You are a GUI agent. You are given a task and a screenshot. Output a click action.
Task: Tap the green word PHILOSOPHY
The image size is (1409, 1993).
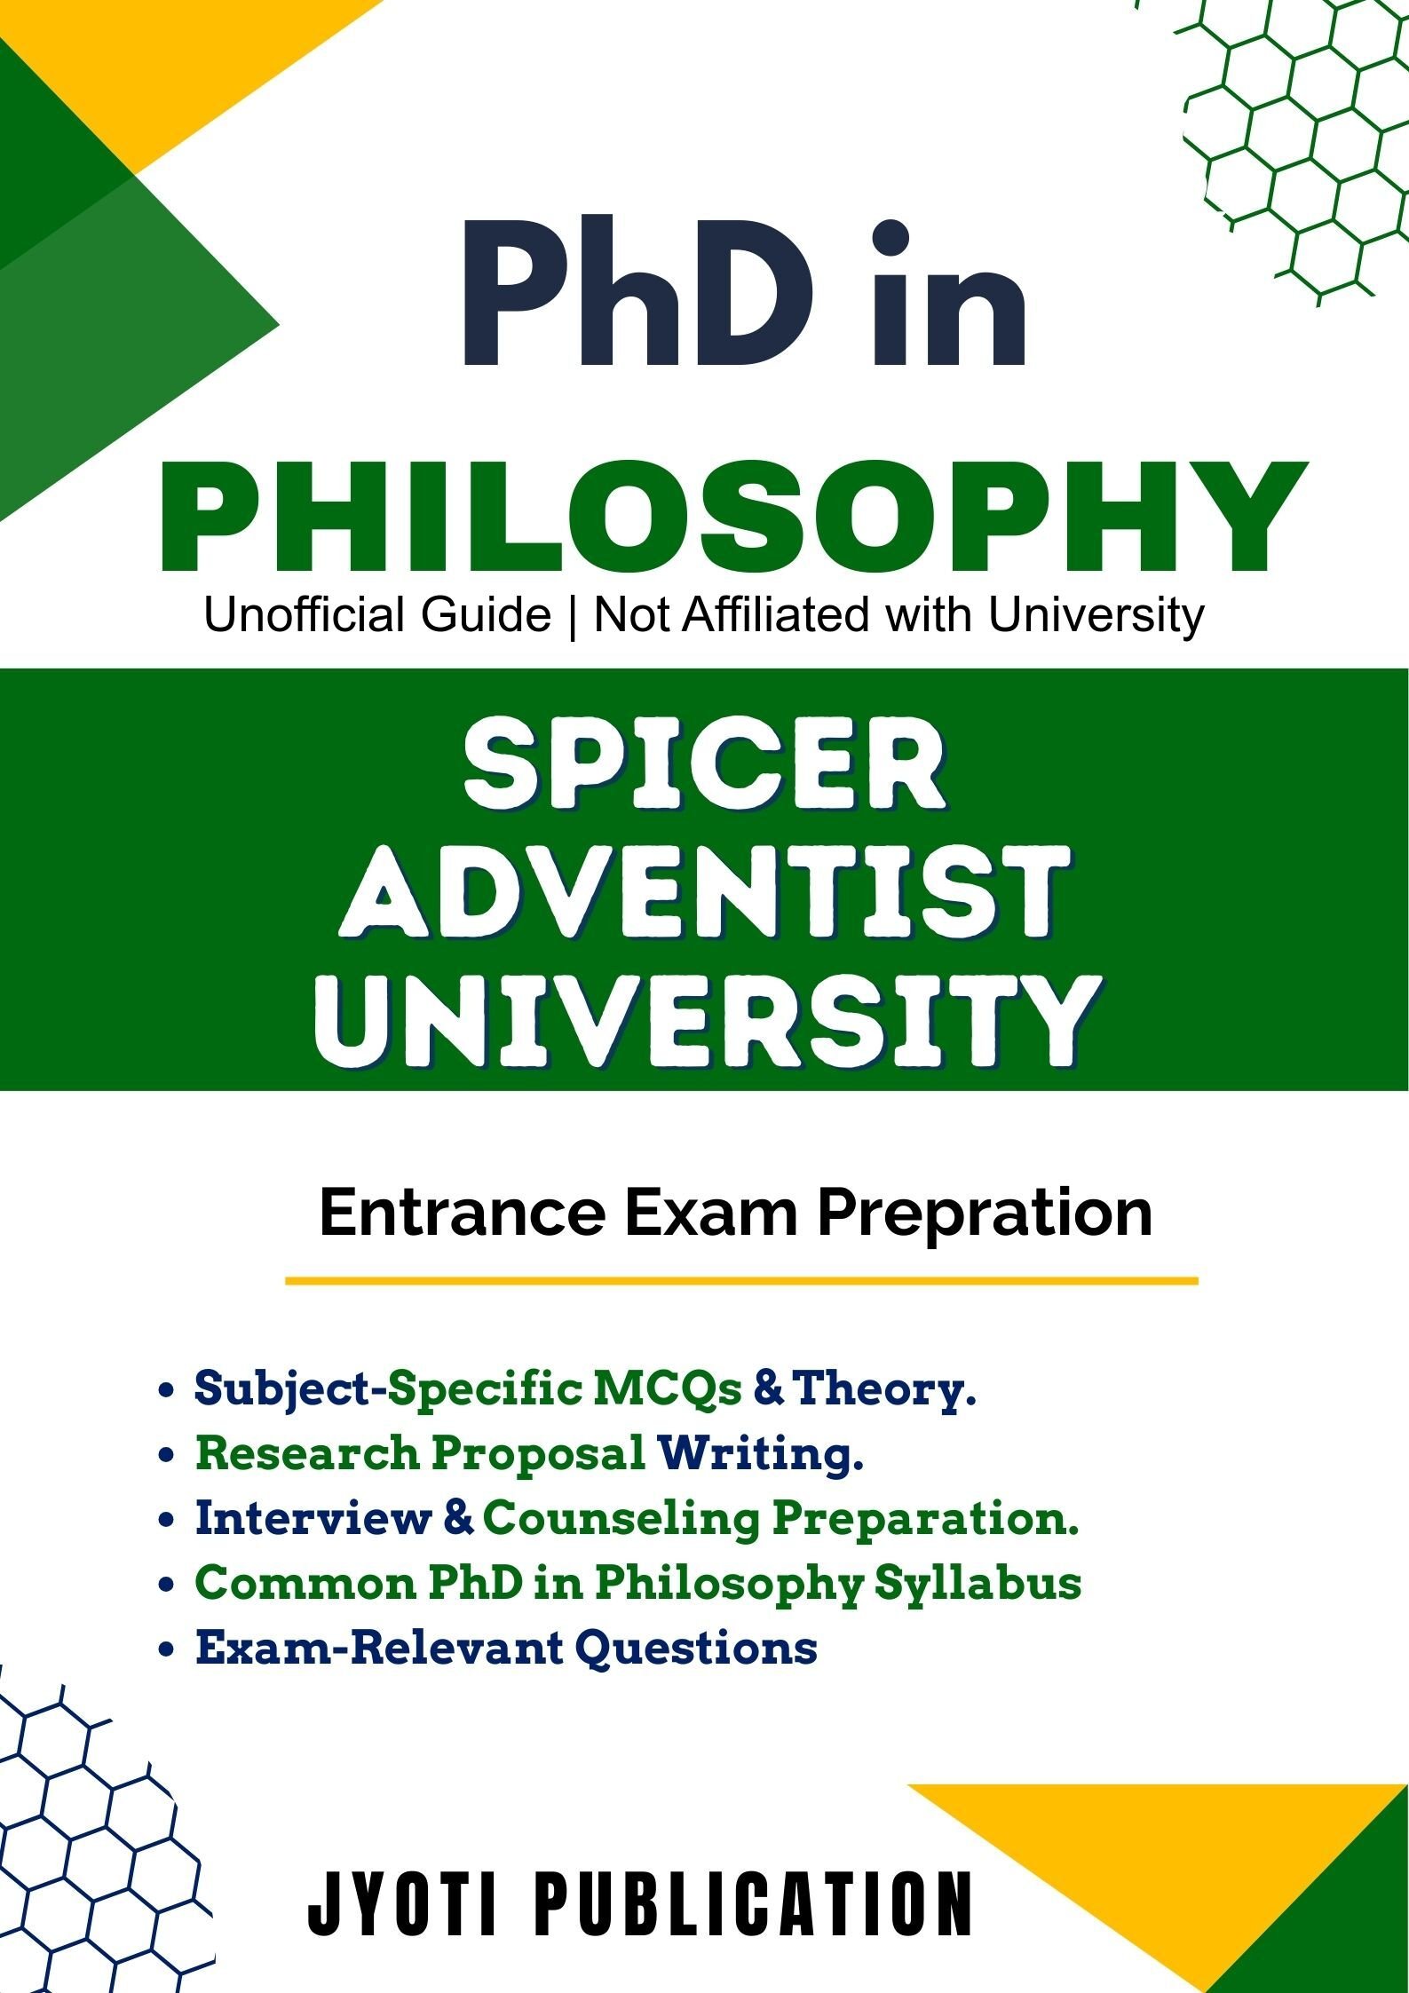pos(733,518)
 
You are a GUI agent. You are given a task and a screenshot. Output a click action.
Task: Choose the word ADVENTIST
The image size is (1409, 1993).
pos(704,896)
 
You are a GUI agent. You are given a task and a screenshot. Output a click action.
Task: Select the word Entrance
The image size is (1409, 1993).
pos(462,1213)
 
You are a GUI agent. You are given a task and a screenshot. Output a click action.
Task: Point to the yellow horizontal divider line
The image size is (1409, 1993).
pos(741,1281)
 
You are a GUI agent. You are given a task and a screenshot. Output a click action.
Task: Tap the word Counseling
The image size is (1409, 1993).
pos(621,1520)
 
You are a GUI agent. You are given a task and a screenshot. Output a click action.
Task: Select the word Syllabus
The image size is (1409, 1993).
pos(978,1585)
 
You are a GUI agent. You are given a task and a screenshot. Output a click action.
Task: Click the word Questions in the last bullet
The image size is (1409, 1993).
pos(696,1649)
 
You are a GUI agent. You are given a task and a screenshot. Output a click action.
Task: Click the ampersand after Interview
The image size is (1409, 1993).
pos(456,1518)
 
